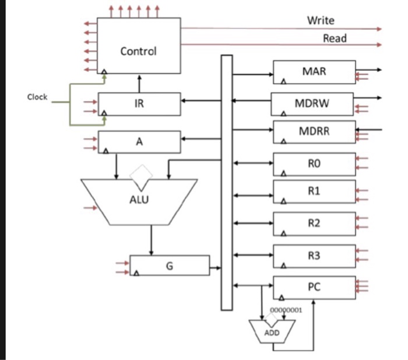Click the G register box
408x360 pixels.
tap(169, 265)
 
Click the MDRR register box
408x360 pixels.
tap(314, 131)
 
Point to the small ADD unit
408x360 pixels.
tap(272, 331)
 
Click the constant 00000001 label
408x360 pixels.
tap(286, 310)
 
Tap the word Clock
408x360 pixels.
tap(37, 97)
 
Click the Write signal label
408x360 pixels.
tap(321, 20)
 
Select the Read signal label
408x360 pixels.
tap(335, 39)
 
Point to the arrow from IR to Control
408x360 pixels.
tap(139, 83)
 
